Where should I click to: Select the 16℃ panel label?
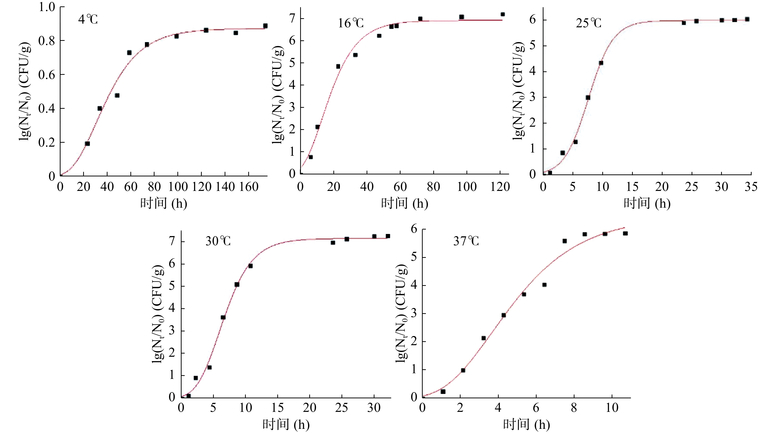(351, 23)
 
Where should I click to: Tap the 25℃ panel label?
(589, 23)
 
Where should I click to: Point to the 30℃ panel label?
(218, 241)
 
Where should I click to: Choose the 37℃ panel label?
(466, 241)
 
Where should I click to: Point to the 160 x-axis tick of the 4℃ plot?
(249, 187)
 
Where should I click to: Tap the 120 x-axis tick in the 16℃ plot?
(500, 187)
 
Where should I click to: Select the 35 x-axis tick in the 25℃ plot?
(751, 187)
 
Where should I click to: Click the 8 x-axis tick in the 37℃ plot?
(574, 408)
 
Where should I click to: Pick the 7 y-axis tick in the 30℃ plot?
(172, 241)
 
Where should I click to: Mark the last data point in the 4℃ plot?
(265, 26)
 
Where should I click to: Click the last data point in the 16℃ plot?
(502, 14)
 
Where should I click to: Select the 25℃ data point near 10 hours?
(601, 63)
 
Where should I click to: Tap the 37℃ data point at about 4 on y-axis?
(544, 285)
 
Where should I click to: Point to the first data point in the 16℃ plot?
(310, 157)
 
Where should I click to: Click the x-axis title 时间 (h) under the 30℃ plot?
(286, 424)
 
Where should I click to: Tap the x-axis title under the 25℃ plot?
(647, 204)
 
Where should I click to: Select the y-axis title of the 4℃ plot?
(25, 92)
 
